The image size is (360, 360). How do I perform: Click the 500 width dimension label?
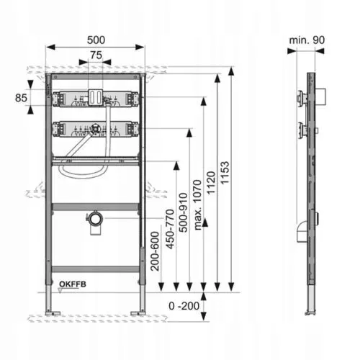pyautogui.click(x=96, y=40)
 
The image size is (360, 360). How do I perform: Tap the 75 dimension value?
pyautogui.click(x=96, y=55)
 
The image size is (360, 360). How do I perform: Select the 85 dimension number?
pyautogui.click(x=21, y=98)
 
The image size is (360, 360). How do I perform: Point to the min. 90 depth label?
pyautogui.click(x=307, y=40)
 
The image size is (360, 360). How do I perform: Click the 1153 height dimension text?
pyautogui.click(x=225, y=173)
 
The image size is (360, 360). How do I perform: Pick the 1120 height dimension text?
pyautogui.click(x=211, y=183)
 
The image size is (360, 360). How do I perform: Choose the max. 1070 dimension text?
pyautogui.click(x=197, y=205)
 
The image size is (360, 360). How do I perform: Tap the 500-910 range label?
pyautogui.click(x=184, y=212)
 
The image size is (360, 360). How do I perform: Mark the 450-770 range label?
pyautogui.click(x=170, y=229)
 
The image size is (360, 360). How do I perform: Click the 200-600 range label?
pyautogui.click(x=155, y=251)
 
